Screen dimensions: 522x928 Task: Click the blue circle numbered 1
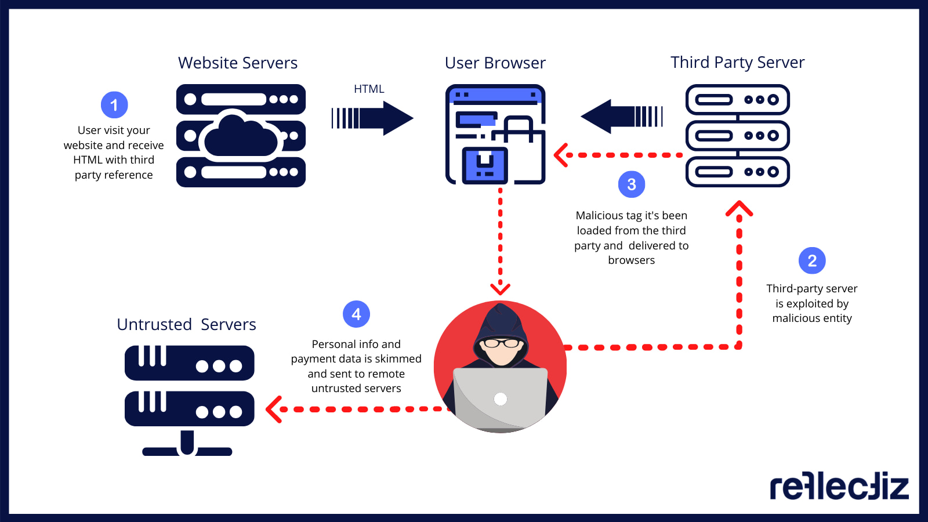[114, 105]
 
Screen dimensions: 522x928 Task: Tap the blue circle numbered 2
[812, 261]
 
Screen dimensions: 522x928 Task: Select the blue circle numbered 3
[632, 184]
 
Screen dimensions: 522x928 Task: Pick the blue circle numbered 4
[356, 314]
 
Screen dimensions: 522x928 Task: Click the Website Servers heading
[238, 63]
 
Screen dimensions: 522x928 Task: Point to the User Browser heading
[495, 63]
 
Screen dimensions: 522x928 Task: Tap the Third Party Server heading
[737, 62]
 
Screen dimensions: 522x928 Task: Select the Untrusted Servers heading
[186, 324]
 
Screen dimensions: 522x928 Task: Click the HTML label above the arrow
[369, 89]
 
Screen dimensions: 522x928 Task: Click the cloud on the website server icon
[241, 137]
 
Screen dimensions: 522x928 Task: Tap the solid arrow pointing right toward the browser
[372, 118]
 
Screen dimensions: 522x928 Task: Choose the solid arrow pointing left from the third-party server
[621, 116]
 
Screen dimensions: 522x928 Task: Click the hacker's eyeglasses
[501, 343]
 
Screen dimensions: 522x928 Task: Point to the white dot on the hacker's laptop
[501, 399]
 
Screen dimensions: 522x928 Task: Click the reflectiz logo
[839, 486]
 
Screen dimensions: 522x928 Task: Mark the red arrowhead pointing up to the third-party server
[739, 209]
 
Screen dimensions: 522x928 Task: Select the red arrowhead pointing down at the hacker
[500, 288]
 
